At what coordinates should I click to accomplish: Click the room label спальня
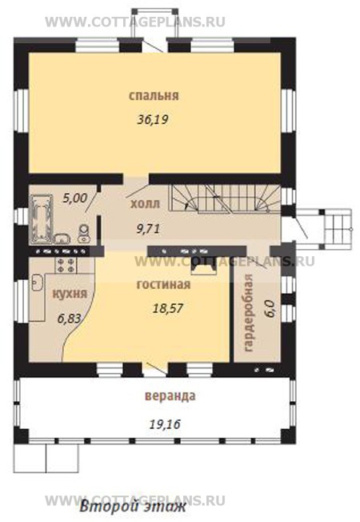coord(154,96)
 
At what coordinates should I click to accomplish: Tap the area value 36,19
coord(153,119)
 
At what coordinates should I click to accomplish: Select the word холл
coord(145,203)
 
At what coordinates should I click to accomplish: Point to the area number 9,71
coord(148,229)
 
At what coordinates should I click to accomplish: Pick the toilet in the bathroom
coord(84,233)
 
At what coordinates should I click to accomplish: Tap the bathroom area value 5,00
coord(75,199)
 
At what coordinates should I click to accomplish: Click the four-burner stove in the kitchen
coord(66,265)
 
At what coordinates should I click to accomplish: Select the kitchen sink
coord(37,283)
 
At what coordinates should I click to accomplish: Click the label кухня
coord(70,294)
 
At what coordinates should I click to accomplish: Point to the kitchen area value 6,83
coord(70,319)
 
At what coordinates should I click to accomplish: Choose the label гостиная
coord(164,285)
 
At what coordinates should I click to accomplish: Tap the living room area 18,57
coord(168,308)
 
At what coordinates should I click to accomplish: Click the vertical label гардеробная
coord(249,313)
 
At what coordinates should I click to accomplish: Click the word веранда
coord(170,396)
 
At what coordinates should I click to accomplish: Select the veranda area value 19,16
coord(165,424)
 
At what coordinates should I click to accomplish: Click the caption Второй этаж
coord(133,508)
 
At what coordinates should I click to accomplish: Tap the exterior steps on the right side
coord(338,229)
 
